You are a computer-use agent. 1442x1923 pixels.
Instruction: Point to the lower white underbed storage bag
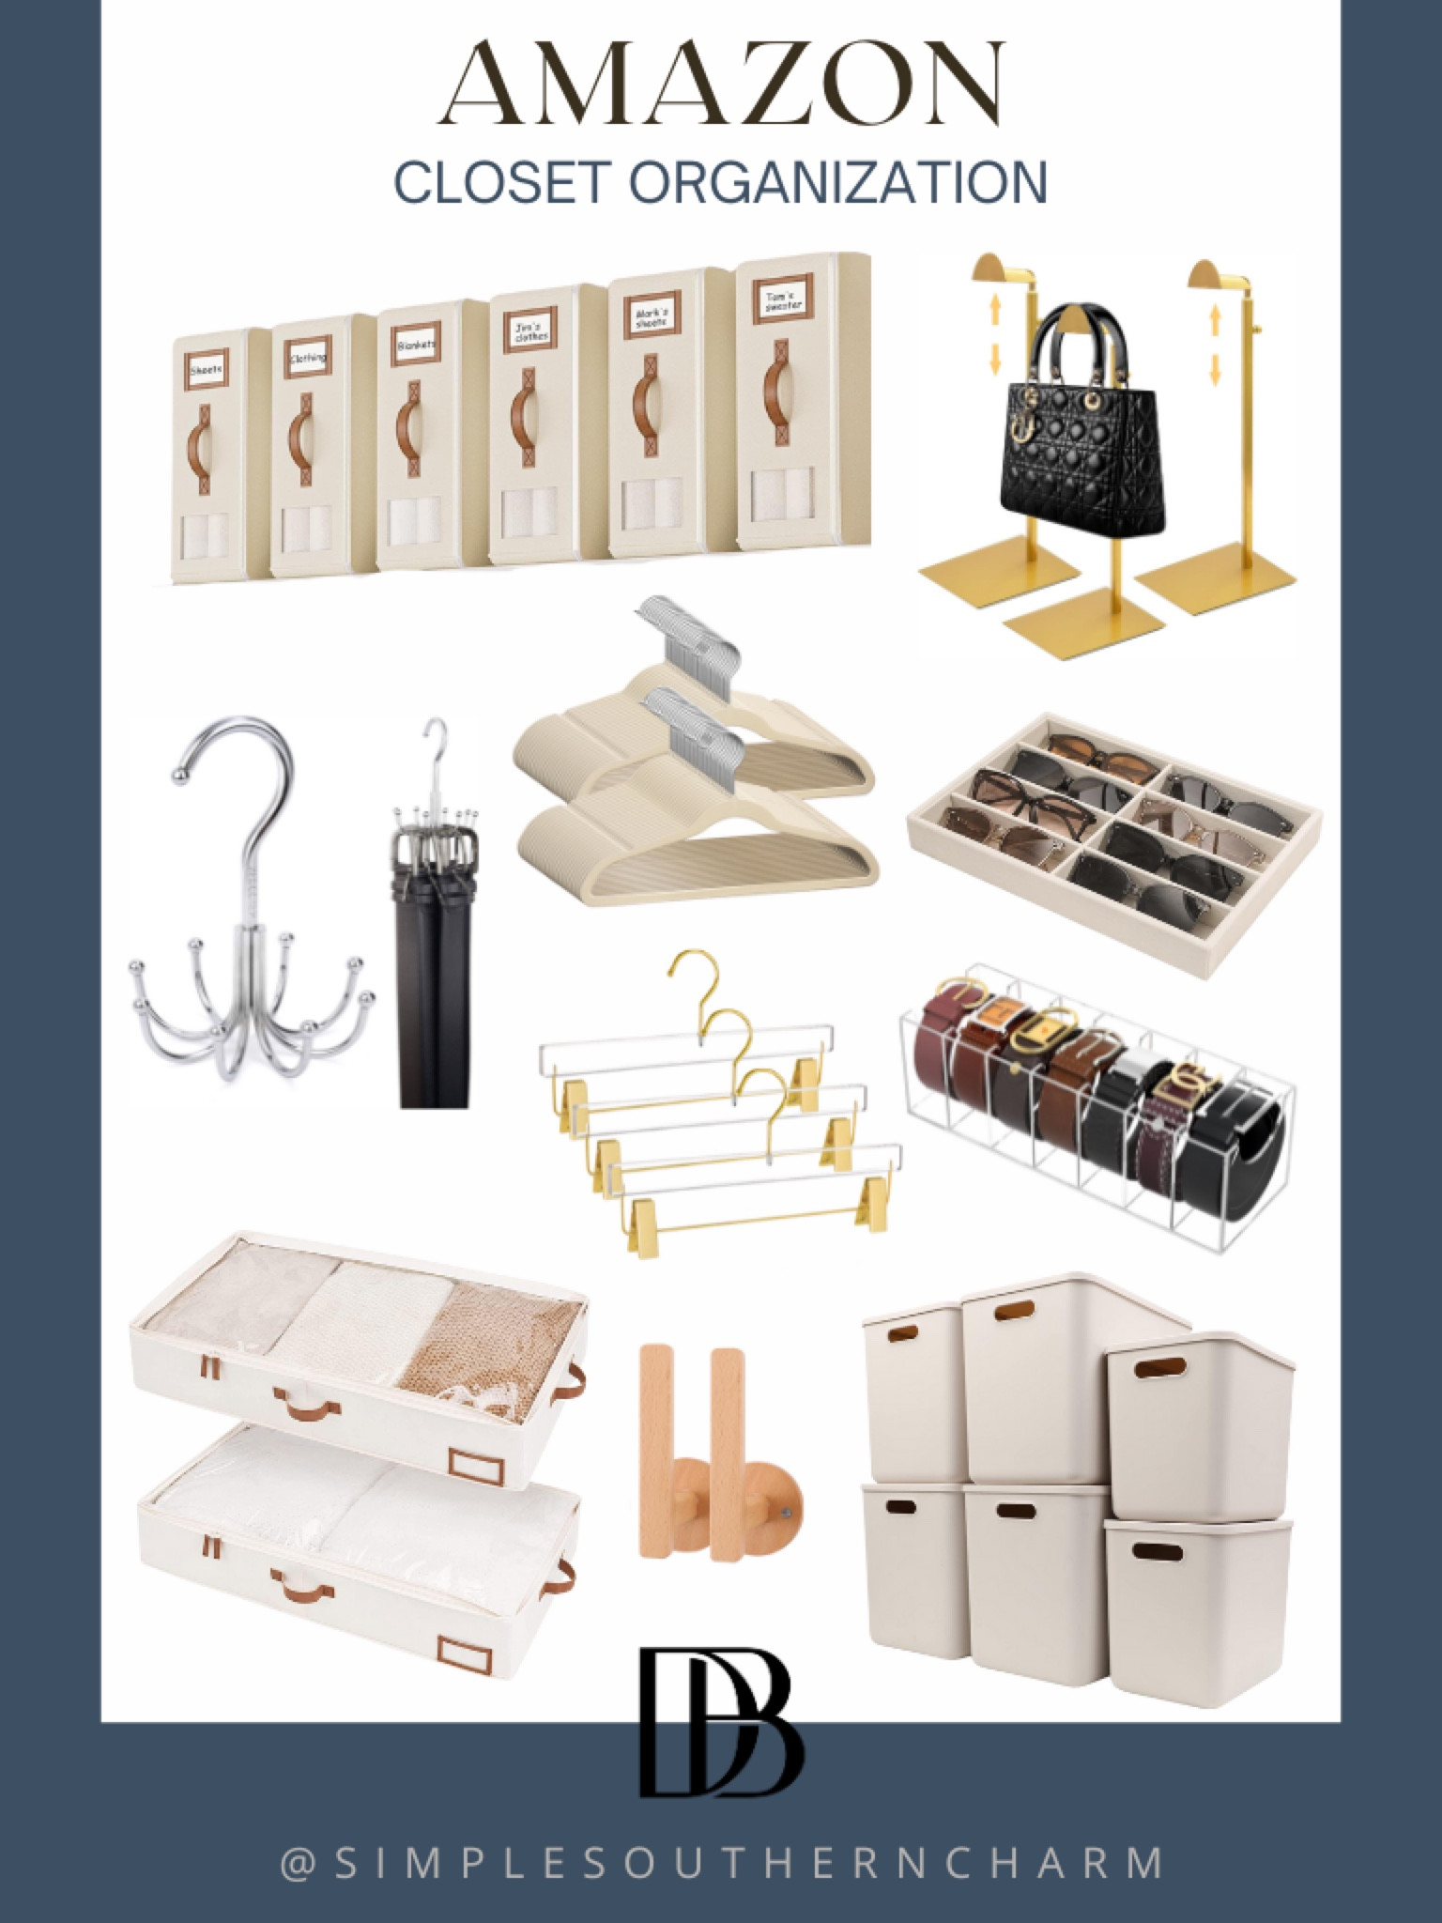tap(352, 1549)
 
